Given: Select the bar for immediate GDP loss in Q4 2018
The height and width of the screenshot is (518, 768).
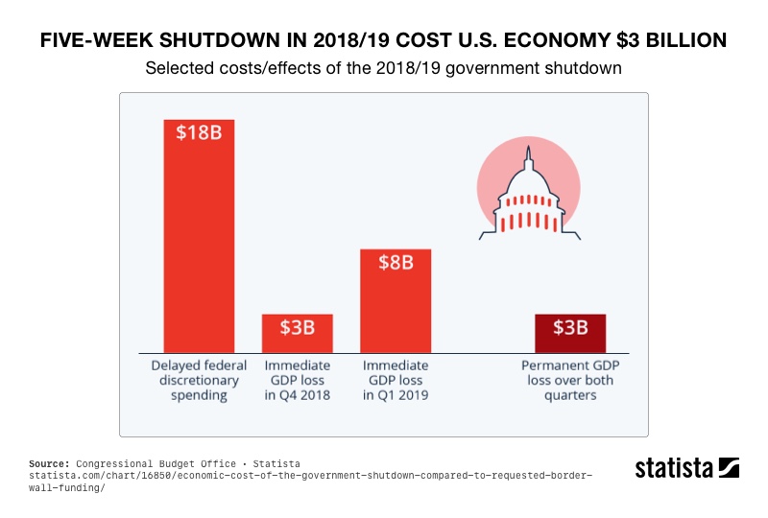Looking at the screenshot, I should point(297,334).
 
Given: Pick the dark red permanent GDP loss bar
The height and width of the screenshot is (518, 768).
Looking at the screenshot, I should point(569,334).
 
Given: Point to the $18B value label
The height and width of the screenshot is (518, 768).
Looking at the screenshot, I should point(199,132).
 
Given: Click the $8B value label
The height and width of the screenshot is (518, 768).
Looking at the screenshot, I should point(395,262).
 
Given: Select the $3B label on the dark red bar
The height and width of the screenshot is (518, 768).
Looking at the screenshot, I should point(569,327).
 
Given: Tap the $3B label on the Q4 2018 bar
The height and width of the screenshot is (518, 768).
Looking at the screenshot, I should point(297,327).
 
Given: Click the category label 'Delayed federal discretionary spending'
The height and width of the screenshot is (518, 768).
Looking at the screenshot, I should point(199,381).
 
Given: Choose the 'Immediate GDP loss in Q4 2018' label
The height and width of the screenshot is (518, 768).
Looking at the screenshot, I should point(297,381).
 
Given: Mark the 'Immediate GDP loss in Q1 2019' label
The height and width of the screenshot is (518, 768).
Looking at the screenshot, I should point(395,381).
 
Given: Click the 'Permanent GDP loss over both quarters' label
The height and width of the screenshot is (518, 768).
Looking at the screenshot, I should point(569,381).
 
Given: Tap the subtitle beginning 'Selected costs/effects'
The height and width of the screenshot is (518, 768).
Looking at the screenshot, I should point(384,69).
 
